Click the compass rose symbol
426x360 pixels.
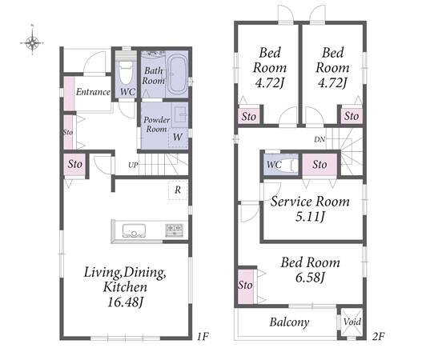pyautogui.click(x=32, y=42)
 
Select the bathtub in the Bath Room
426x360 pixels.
pyautogui.click(x=177, y=74)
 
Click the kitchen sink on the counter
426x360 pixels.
pyautogui.click(x=134, y=230)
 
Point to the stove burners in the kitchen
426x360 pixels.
pyautogui.click(x=174, y=230)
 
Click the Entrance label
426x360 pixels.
pyautogui.click(x=93, y=92)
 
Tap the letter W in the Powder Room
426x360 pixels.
pyautogui.click(x=178, y=137)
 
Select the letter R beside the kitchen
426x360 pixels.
pyautogui.click(x=178, y=190)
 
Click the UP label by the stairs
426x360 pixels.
pyautogui.click(x=133, y=165)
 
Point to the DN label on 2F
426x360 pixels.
pyautogui.click(x=319, y=139)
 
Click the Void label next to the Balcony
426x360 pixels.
pyautogui.click(x=352, y=322)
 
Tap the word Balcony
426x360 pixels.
pyautogui.click(x=289, y=322)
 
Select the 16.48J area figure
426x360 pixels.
pyautogui.click(x=125, y=302)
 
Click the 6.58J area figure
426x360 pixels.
pyautogui.click(x=310, y=278)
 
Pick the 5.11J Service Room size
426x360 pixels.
pyautogui.click(x=310, y=217)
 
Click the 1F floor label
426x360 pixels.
pyautogui.click(x=203, y=337)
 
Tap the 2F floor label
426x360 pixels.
pyautogui.click(x=378, y=337)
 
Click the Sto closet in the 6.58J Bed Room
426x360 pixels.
pyautogui.click(x=246, y=286)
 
